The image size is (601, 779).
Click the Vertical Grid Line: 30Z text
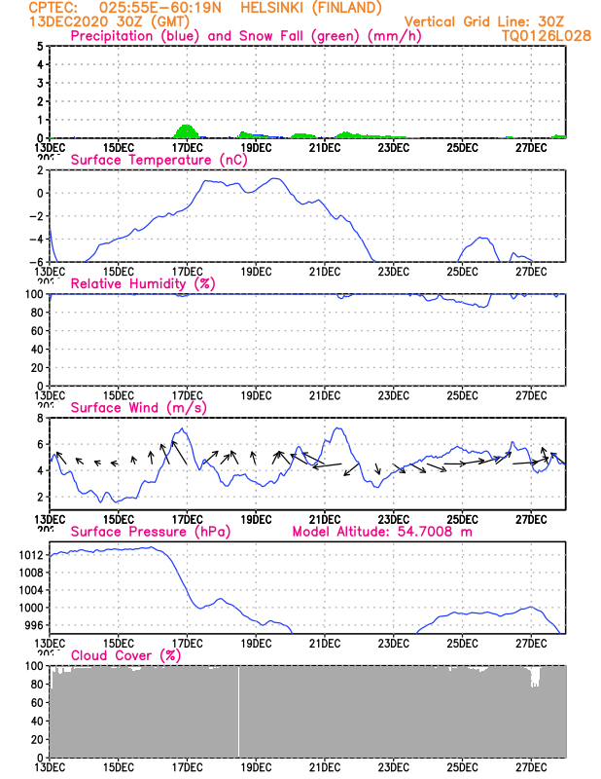483,20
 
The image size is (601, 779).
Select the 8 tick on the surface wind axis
41,418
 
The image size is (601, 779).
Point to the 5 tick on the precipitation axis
41,46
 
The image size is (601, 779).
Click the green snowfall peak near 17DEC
187,129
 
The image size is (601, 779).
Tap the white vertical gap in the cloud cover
238,711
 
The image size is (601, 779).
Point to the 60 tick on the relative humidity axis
37,330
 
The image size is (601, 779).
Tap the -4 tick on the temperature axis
37,239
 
